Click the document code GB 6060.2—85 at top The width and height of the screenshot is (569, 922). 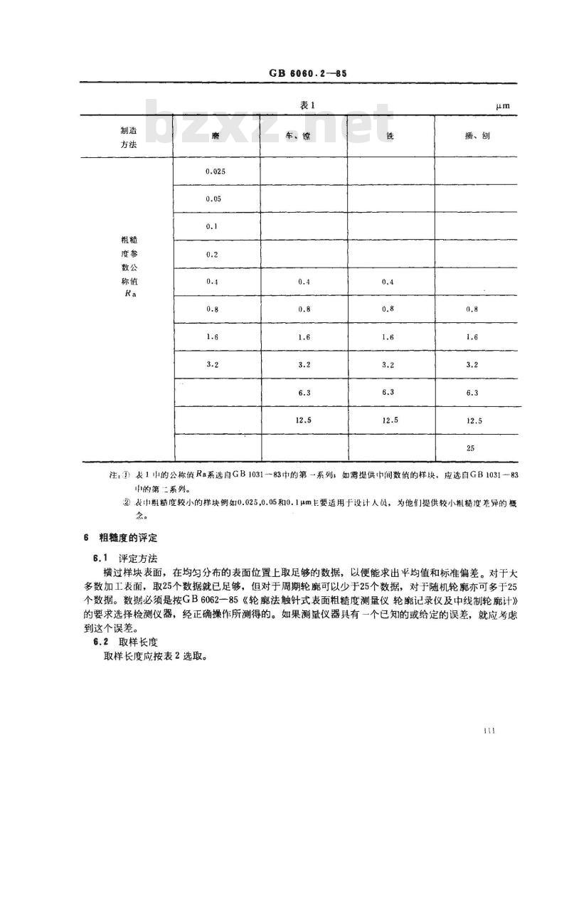[307, 74]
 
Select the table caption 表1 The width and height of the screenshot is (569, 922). [307, 105]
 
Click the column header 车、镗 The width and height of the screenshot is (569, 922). [304, 135]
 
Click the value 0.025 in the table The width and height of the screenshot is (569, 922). [215, 171]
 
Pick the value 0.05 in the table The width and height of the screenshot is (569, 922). [213, 199]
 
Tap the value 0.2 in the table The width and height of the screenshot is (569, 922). [212, 254]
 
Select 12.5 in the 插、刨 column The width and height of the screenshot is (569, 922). [474, 420]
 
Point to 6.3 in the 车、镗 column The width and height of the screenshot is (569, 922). [304, 393]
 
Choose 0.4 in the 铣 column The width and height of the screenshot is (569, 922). [388, 282]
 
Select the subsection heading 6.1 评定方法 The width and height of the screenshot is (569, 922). [119, 556]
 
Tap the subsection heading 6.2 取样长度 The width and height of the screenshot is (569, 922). [119, 642]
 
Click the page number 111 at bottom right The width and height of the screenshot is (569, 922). [489, 731]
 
